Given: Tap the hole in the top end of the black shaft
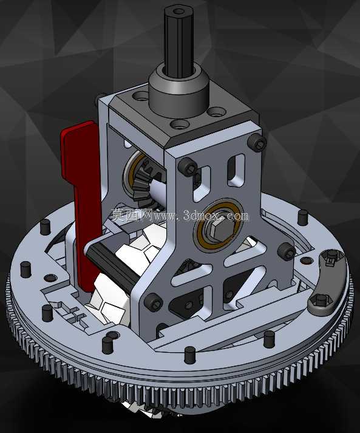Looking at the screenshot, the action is click(x=179, y=12).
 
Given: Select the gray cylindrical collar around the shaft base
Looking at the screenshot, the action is click(x=178, y=90).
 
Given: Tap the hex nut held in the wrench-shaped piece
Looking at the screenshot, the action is click(x=320, y=300).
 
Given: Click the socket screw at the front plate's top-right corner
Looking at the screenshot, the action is click(x=257, y=143).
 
